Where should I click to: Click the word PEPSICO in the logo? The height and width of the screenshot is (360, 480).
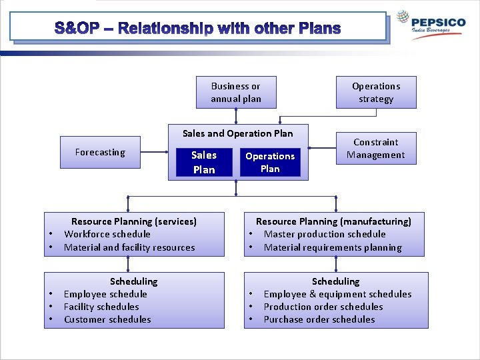click(x=438, y=22)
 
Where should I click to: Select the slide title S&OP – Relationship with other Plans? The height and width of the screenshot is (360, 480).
click(x=197, y=29)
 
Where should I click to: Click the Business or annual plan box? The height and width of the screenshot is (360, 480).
click(x=236, y=93)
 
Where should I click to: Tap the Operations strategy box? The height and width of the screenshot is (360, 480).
click(x=376, y=93)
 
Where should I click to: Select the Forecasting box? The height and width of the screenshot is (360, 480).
click(x=100, y=152)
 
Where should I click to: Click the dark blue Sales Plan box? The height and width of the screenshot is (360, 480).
click(x=204, y=163)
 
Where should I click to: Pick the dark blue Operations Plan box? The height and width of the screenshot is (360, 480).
click(x=270, y=163)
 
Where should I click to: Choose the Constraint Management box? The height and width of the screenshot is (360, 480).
click(x=376, y=149)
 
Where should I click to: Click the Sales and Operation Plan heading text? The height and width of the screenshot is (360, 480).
click(x=237, y=133)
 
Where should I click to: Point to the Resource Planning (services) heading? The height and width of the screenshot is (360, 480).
click(x=134, y=221)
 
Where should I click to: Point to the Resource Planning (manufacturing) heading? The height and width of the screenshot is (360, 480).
click(x=333, y=221)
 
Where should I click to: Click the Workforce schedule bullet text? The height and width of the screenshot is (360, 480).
click(x=107, y=234)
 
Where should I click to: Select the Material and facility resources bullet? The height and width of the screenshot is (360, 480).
click(x=129, y=247)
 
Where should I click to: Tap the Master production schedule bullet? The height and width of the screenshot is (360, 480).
click(x=325, y=234)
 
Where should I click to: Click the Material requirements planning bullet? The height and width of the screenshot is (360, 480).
click(x=333, y=247)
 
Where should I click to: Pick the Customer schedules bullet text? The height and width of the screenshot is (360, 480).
click(x=107, y=319)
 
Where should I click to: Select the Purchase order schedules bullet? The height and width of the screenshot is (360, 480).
click(x=319, y=319)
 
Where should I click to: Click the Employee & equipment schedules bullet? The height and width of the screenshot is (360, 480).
click(x=337, y=294)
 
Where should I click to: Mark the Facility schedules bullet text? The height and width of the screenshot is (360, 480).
click(x=101, y=307)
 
